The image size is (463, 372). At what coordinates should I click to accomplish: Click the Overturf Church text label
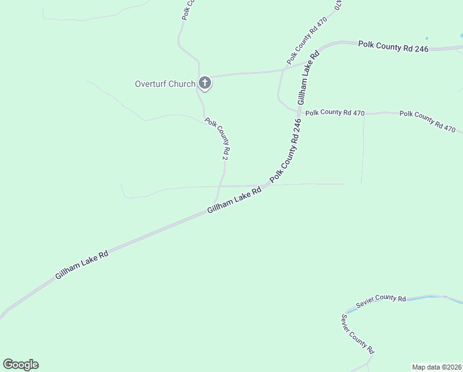[x=165, y=84]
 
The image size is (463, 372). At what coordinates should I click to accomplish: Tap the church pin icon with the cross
[x=204, y=83]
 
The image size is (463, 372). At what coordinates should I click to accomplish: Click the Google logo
[x=20, y=365]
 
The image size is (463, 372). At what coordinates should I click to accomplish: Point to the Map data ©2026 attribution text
[x=436, y=366]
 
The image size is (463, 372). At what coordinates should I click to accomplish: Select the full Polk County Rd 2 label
[x=217, y=140]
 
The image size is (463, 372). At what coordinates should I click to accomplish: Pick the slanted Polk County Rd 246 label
[x=285, y=151]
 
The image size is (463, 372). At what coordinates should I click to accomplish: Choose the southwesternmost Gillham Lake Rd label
[x=82, y=264]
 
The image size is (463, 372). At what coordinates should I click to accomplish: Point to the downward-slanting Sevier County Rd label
[x=358, y=334]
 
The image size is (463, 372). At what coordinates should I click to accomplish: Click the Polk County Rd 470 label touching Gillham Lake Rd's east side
[x=335, y=112]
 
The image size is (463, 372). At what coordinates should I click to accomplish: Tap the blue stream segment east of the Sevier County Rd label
[x=427, y=298]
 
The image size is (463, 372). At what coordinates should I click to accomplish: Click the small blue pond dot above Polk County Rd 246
[x=427, y=38]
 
